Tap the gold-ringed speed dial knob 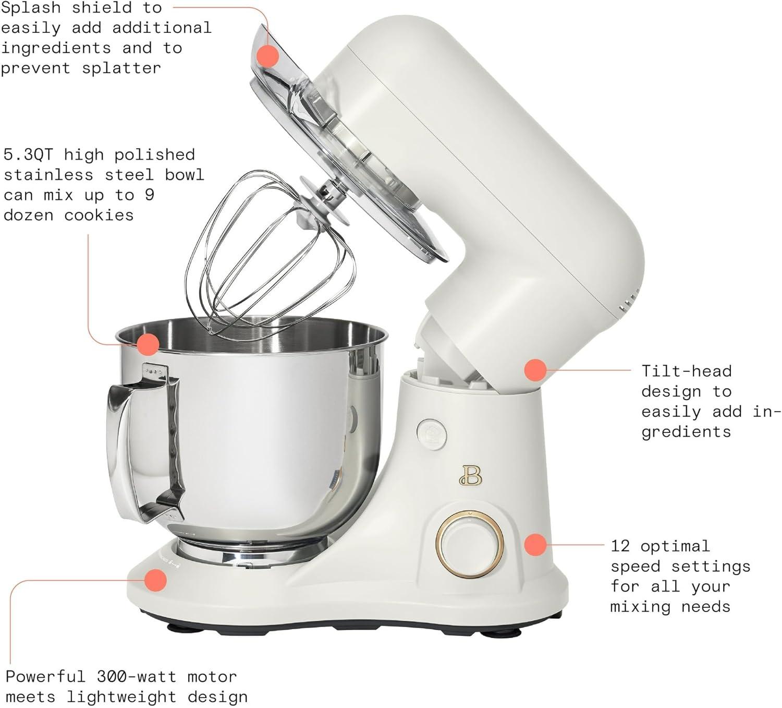(470, 545)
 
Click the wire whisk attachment (271, 261)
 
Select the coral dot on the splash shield (269, 55)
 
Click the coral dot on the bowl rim (148, 344)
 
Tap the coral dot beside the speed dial (535, 545)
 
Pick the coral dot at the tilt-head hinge (535, 370)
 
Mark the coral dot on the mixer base (155, 580)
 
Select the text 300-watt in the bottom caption (137, 677)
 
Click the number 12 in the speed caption (620, 546)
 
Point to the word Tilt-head (686, 371)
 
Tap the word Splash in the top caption (30, 8)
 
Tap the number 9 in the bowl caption (149, 195)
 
